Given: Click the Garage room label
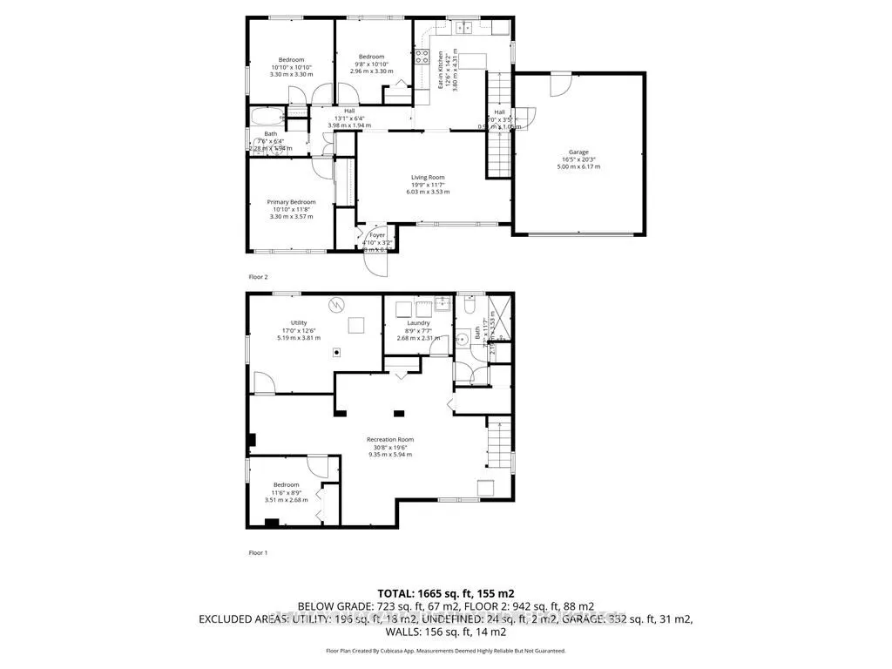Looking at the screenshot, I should click(x=578, y=152).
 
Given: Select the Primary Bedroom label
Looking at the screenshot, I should click(x=291, y=202).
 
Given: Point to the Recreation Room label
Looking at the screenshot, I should click(x=389, y=440).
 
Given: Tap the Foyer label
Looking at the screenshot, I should click(x=377, y=234).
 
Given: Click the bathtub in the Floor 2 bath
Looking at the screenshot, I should click(x=263, y=116).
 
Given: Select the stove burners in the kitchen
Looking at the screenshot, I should click(x=422, y=57).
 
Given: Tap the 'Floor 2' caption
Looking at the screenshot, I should click(x=258, y=276).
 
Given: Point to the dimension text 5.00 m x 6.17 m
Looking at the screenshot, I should click(x=578, y=166).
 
